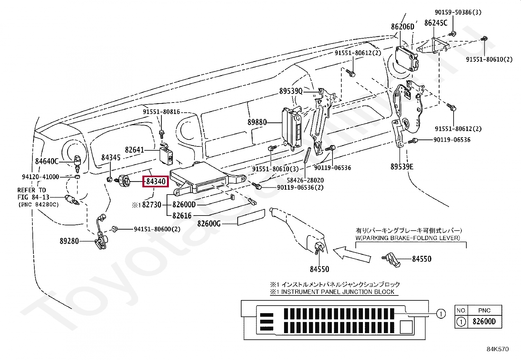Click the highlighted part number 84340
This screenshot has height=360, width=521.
(155, 181)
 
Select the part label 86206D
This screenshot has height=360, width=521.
(402, 27)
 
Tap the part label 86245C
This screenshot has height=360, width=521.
(436, 23)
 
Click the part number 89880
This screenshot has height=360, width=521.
(257, 122)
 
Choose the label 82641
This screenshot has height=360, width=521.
(135, 150)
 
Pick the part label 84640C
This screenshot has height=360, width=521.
(47, 161)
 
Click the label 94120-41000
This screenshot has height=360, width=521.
(41, 177)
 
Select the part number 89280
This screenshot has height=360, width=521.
(69, 241)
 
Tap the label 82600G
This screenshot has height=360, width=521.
(209, 224)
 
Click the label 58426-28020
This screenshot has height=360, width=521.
(305, 180)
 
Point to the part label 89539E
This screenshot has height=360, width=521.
(402, 167)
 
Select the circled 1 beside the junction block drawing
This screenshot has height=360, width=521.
(441, 314)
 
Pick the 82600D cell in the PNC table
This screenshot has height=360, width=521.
(484, 322)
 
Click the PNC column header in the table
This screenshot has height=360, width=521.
(484, 310)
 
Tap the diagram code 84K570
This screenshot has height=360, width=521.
(497, 349)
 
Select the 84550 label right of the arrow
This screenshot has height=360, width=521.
(422, 259)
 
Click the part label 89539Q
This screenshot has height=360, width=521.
(291, 91)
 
